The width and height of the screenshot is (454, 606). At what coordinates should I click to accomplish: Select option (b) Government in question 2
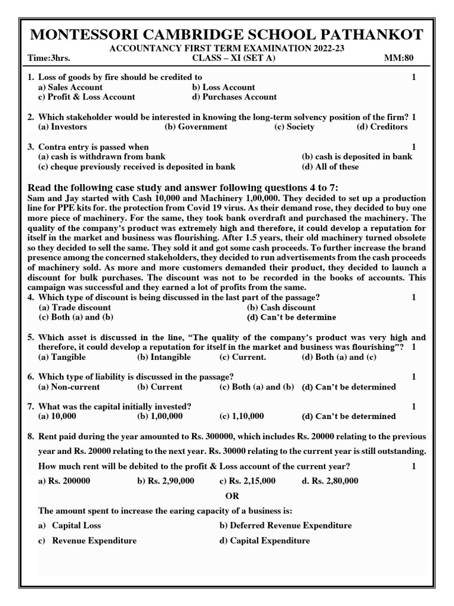pos(196,127)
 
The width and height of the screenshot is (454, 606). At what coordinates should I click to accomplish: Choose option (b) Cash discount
pos(281,307)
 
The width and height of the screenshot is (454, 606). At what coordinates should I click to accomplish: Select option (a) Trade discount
pos(74,307)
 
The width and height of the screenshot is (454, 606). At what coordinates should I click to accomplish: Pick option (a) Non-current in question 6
pos(69,386)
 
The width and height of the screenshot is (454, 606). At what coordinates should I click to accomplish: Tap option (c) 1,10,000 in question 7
pos(241,416)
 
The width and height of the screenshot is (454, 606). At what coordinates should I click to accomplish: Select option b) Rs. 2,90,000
pos(166,481)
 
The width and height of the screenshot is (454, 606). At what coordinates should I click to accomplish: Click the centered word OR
pos(233,495)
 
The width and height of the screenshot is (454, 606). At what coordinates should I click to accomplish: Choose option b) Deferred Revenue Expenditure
pos(286,526)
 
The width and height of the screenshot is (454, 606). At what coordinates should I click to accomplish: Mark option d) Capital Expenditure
pos(264,540)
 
